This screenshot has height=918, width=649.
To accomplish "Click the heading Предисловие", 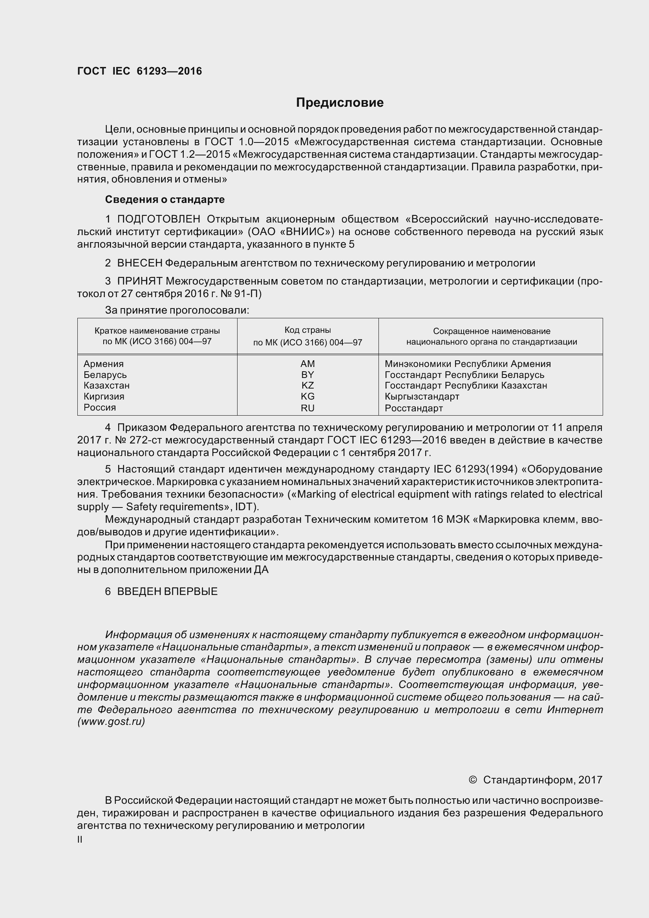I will [x=340, y=103].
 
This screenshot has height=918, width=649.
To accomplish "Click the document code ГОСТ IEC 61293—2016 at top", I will [x=139, y=71].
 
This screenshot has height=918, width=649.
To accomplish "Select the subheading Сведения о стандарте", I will [x=165, y=199].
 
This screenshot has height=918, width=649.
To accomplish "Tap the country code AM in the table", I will [x=307, y=364].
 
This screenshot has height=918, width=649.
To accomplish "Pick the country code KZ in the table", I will [x=307, y=385].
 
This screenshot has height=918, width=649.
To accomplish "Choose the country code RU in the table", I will [x=307, y=408].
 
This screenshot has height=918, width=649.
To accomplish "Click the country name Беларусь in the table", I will [x=105, y=375].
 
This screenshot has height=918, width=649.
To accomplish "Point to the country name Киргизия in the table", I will [x=104, y=396].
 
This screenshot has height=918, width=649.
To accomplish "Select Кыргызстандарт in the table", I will [x=422, y=396].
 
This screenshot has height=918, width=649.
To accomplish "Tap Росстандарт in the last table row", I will [x=414, y=408].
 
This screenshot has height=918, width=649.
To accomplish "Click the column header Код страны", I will [x=307, y=330].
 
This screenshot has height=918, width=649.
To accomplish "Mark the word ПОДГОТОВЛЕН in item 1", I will [x=159, y=219].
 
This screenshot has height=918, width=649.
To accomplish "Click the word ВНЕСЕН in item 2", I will [x=139, y=263].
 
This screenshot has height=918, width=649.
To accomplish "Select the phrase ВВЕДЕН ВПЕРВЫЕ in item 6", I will [x=167, y=591].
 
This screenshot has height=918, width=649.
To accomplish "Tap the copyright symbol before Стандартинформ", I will [x=472, y=780].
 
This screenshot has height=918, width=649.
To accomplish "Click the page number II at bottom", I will [x=80, y=840].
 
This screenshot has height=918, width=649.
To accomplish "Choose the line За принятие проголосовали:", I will [x=177, y=310].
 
